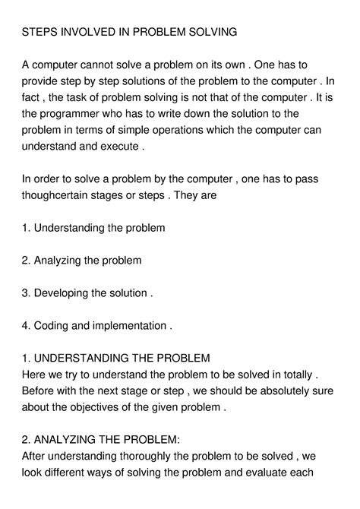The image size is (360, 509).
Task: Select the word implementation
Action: [130, 326]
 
